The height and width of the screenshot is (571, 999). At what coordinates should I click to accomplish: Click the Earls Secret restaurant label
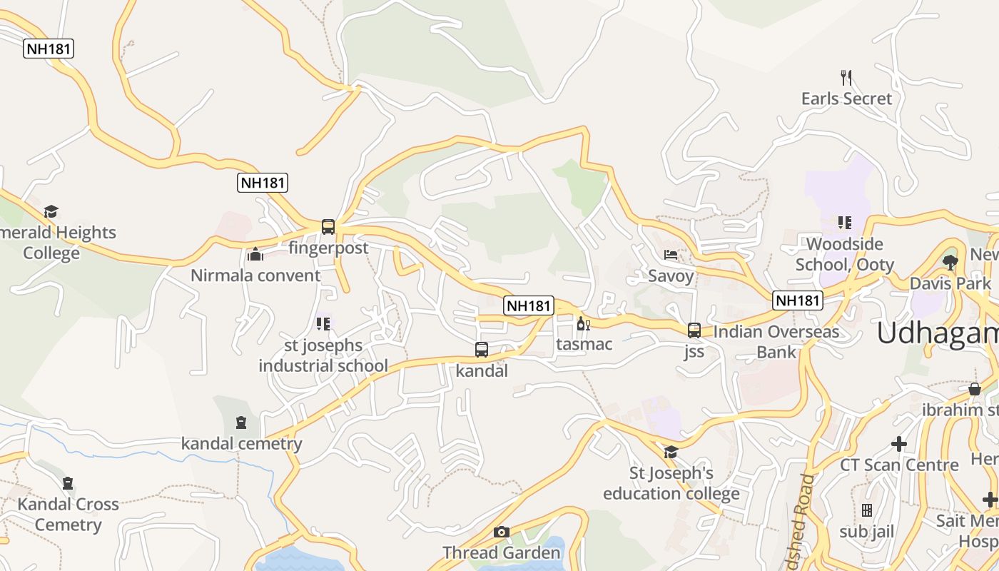[846, 98]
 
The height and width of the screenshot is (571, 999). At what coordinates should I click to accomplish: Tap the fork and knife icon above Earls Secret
[846, 77]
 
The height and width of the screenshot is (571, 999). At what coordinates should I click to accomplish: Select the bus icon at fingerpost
[328, 227]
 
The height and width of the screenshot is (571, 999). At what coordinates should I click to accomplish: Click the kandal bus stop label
[482, 371]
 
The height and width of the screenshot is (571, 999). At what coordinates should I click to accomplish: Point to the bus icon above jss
[694, 330]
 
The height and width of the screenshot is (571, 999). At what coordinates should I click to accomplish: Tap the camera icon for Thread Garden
[502, 532]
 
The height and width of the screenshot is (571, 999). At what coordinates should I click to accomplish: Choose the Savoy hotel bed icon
[671, 255]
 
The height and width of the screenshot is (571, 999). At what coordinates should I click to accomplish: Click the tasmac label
[584, 344]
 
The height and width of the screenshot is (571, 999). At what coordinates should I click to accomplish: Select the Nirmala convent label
[255, 276]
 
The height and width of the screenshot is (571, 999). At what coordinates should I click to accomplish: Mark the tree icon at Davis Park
[950, 263]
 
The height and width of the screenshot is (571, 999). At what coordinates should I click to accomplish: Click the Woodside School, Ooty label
[845, 255]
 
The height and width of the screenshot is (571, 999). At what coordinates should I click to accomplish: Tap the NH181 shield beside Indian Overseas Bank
[798, 300]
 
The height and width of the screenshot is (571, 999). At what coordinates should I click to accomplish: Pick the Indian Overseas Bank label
[776, 341]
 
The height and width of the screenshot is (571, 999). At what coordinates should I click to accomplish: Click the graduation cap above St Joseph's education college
[671, 452]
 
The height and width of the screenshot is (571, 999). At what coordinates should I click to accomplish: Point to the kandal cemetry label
[241, 444]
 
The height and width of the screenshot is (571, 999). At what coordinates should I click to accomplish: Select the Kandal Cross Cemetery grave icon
[68, 483]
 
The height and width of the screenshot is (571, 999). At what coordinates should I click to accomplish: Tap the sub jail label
[866, 532]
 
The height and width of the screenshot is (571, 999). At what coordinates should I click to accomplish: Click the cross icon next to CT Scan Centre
[899, 444]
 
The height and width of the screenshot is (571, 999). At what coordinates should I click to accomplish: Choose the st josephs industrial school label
[323, 355]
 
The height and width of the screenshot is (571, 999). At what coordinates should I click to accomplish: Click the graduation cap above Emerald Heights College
[51, 212]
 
